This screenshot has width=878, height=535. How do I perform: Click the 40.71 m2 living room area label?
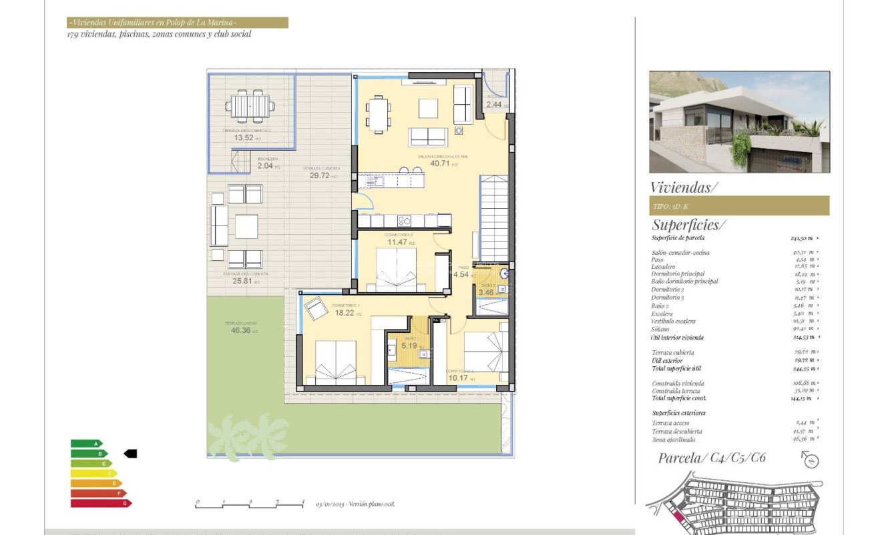coord(437,163)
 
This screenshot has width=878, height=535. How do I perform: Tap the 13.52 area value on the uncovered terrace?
coord(243,138)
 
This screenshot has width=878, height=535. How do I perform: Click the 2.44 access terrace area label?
coord(495,105)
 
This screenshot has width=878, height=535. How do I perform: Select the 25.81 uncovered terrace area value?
coord(242,282)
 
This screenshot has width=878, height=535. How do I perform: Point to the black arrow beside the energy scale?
coord(130,454)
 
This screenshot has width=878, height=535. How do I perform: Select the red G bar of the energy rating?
coord(101,503)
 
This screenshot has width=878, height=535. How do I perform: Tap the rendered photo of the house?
coord(739,122)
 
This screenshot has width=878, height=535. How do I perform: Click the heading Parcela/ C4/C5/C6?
coord(712,458)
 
